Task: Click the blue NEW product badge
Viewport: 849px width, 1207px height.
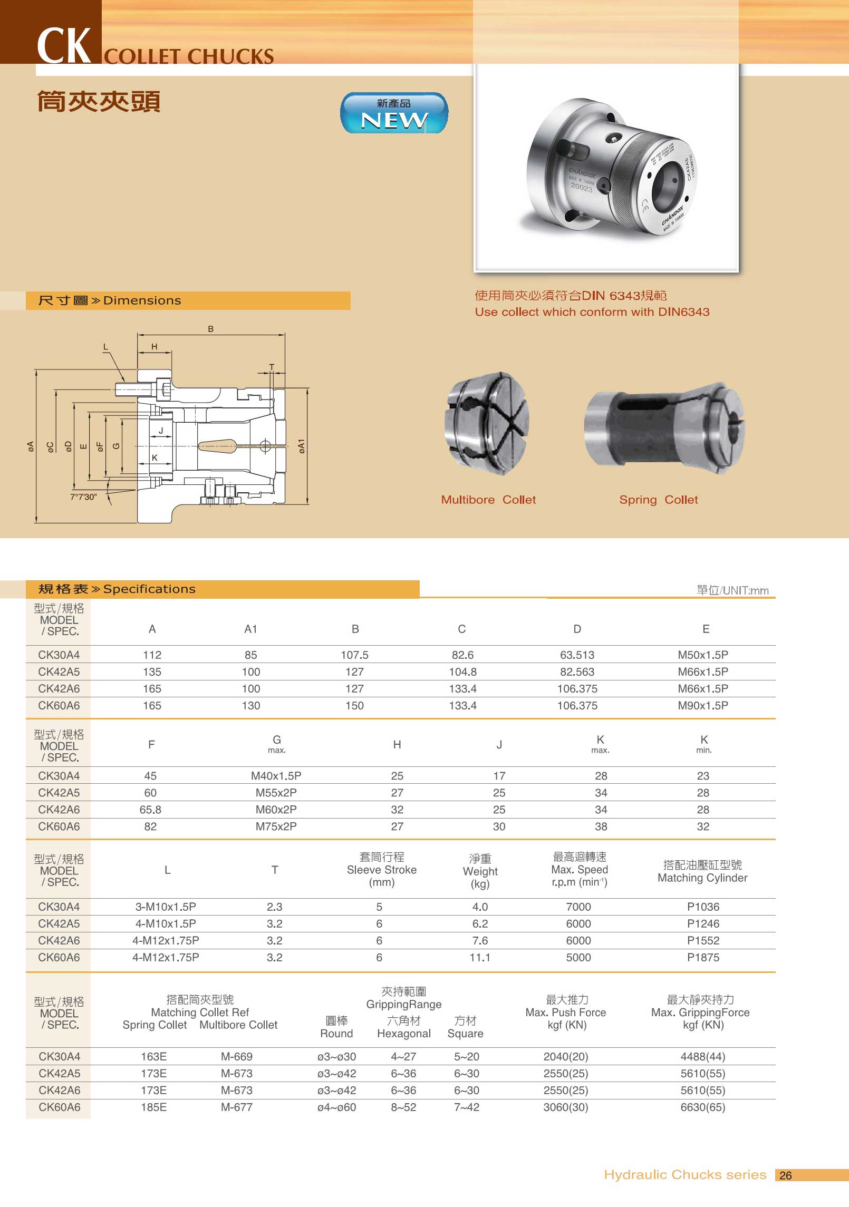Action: pyautogui.click(x=394, y=113)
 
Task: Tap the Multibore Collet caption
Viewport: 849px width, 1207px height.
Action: pyautogui.click(x=488, y=500)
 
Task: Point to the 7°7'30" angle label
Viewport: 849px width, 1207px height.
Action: pyautogui.click(x=83, y=497)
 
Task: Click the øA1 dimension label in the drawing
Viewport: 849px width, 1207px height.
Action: pyautogui.click(x=301, y=446)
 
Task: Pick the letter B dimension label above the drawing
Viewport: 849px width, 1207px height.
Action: pyautogui.click(x=210, y=329)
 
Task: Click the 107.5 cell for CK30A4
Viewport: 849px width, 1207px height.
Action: pyautogui.click(x=354, y=655)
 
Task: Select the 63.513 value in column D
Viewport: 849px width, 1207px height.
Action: pyautogui.click(x=577, y=655)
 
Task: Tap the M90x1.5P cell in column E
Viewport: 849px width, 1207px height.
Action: pyautogui.click(x=702, y=705)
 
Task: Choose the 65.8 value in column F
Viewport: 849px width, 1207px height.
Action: pyautogui.click(x=150, y=809)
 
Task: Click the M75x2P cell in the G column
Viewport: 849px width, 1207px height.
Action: pyautogui.click(x=276, y=826)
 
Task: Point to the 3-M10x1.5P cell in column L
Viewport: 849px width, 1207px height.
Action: pyautogui.click(x=166, y=907)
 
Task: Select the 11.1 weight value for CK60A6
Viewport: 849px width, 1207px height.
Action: pyautogui.click(x=480, y=957)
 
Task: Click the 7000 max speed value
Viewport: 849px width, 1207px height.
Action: pyautogui.click(x=578, y=907)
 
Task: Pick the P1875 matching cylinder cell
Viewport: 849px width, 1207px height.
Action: pyautogui.click(x=703, y=957)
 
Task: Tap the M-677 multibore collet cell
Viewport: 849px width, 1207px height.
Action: pyautogui.click(x=236, y=1107)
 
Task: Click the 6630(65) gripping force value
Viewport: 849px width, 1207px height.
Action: pyautogui.click(x=702, y=1107)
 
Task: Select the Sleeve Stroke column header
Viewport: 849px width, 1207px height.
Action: pyautogui.click(x=381, y=870)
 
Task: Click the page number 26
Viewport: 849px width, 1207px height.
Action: pyautogui.click(x=785, y=1175)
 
